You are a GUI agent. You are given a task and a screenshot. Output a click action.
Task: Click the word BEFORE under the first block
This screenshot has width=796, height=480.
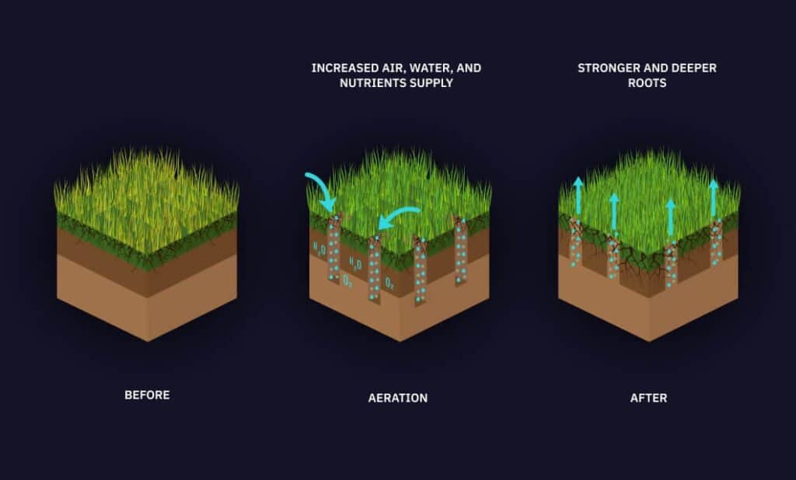coord(147,395)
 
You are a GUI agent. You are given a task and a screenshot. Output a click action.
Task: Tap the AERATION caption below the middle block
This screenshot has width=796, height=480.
coord(398,398)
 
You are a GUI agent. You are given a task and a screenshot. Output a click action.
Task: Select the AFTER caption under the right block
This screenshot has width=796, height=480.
coord(649,398)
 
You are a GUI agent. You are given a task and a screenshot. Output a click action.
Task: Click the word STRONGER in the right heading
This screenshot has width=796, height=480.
coord(608,68)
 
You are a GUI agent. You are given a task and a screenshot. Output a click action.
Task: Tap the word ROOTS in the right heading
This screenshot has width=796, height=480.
coord(648,82)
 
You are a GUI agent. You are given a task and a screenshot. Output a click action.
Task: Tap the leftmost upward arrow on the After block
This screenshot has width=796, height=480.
coord(578,196)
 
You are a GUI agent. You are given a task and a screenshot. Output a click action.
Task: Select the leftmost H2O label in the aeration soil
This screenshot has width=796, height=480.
coord(319,249)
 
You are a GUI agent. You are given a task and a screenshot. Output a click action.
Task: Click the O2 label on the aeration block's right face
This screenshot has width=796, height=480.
coord(389,283)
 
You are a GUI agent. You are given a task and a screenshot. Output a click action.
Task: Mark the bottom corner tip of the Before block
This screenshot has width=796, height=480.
coord(147,341)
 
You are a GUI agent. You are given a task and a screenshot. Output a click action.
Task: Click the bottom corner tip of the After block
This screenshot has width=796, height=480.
coord(649,341)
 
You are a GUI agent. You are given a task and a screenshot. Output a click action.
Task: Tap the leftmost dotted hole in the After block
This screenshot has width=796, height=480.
coord(575,242)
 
